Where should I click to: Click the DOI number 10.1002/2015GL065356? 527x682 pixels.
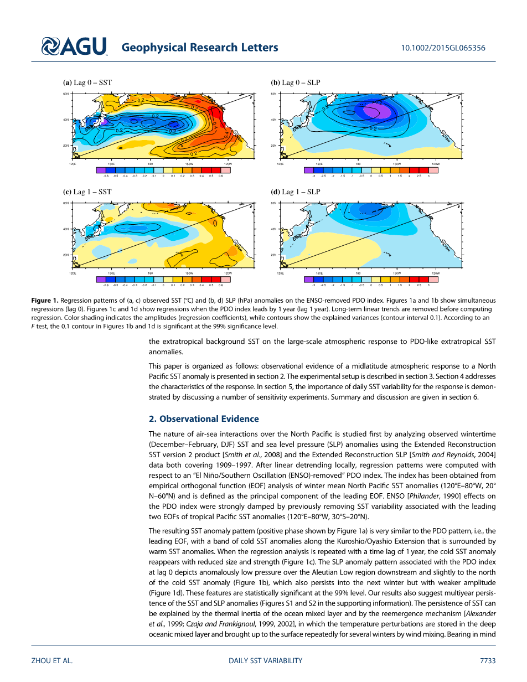tap(443, 48)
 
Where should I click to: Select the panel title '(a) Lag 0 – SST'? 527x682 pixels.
tap(87, 82)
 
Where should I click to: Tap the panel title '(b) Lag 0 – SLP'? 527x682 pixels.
tap(295, 82)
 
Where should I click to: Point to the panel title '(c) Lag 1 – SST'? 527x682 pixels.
tap(87, 192)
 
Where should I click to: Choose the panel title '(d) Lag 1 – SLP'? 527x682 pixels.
tap(296, 192)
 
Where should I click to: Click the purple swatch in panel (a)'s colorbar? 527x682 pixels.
tap(101, 170)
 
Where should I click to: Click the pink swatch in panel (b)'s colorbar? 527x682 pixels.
tap(433, 170)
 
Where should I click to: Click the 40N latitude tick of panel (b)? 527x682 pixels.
tap(273, 120)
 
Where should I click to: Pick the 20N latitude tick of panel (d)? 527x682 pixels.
tap(273, 255)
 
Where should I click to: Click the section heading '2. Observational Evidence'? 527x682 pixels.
tap(203, 418)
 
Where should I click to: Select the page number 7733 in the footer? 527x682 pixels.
tap(488, 660)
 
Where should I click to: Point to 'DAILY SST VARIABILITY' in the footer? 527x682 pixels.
tap(265, 660)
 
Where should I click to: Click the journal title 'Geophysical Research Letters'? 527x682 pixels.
tap(199, 48)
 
